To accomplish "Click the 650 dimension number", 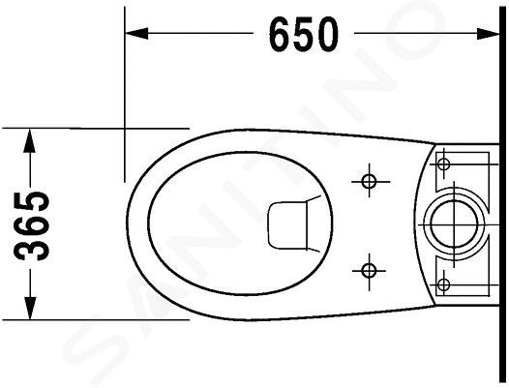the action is point(304,35).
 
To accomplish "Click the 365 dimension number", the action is point(33,226).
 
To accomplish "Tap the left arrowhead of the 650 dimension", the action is point(136,33).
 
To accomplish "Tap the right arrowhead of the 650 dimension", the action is point(488,34).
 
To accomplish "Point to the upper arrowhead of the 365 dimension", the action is point(30,140).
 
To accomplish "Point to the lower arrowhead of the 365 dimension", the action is point(30,308).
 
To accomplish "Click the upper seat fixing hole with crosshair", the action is point(369,181).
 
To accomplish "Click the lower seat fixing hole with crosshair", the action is point(369,270).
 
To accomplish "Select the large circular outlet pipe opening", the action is point(454,224).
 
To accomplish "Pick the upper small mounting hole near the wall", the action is point(443,164).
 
